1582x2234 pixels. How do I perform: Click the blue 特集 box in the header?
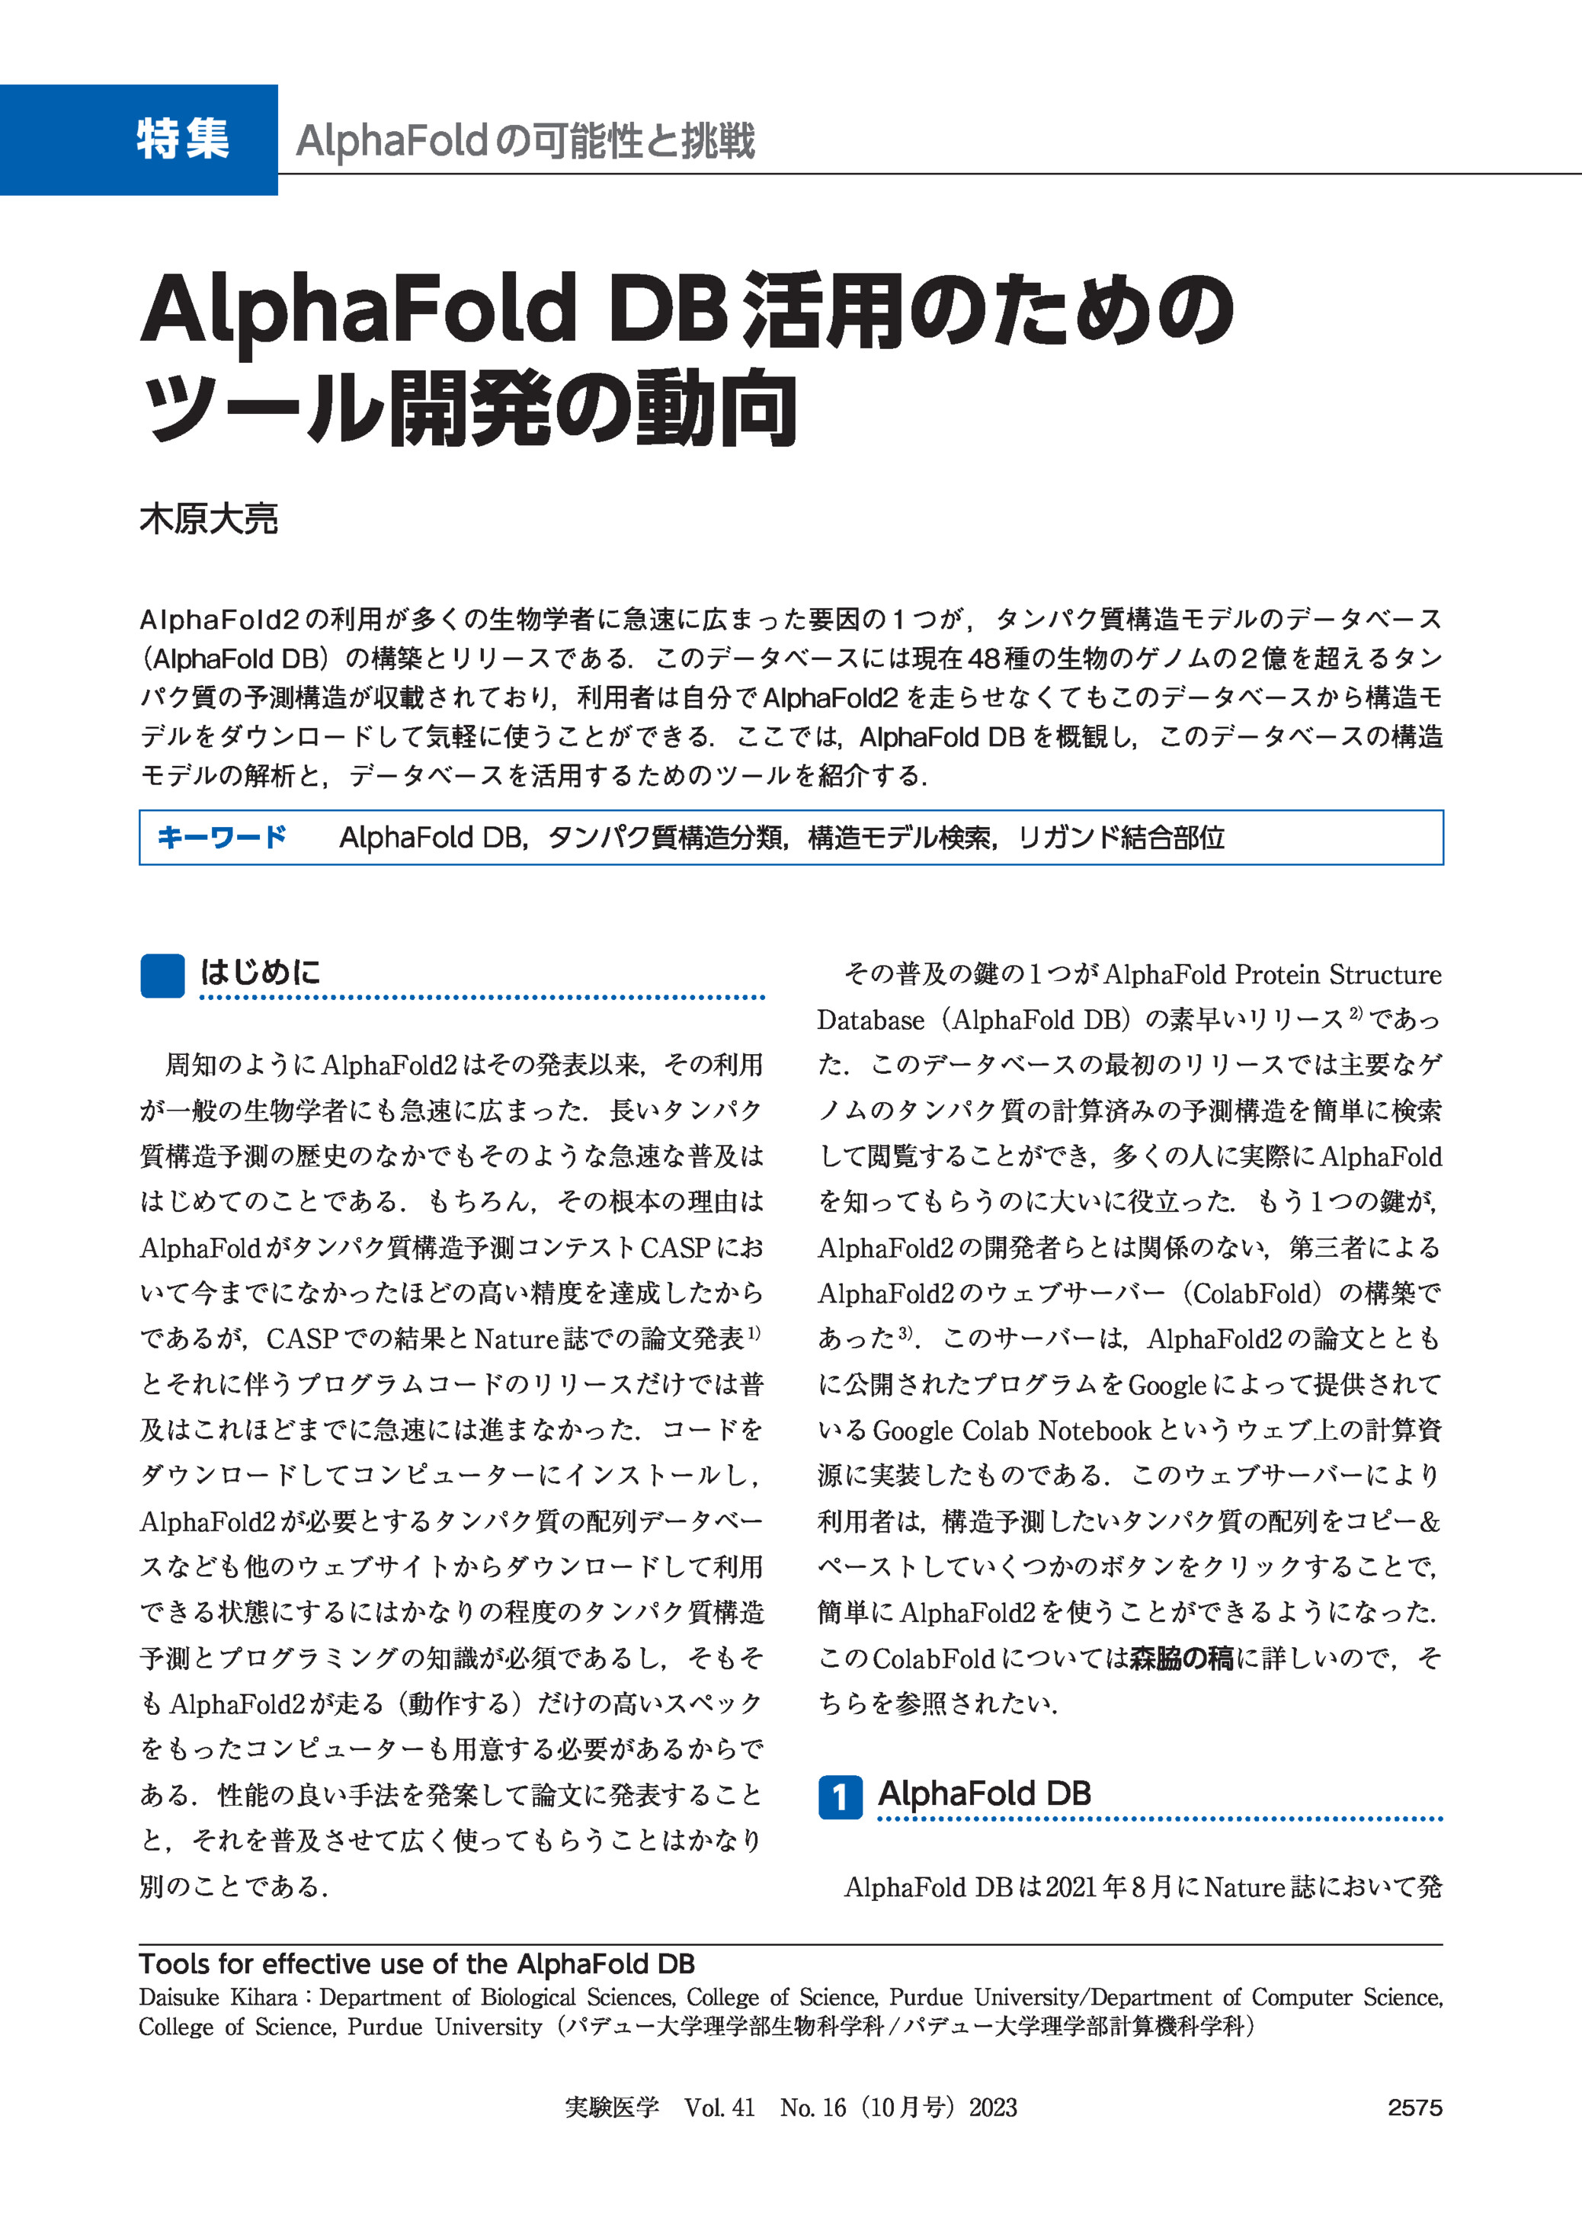[139, 139]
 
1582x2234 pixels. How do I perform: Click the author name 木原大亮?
[209, 518]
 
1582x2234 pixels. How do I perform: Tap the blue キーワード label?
[221, 837]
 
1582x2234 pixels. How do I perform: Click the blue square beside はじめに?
[162, 976]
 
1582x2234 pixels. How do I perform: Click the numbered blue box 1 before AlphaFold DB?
[839, 1796]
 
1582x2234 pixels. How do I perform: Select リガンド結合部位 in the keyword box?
[1120, 837]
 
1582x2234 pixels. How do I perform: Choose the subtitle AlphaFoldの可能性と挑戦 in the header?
[525, 141]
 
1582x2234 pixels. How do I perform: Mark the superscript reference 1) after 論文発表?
[753, 1332]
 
